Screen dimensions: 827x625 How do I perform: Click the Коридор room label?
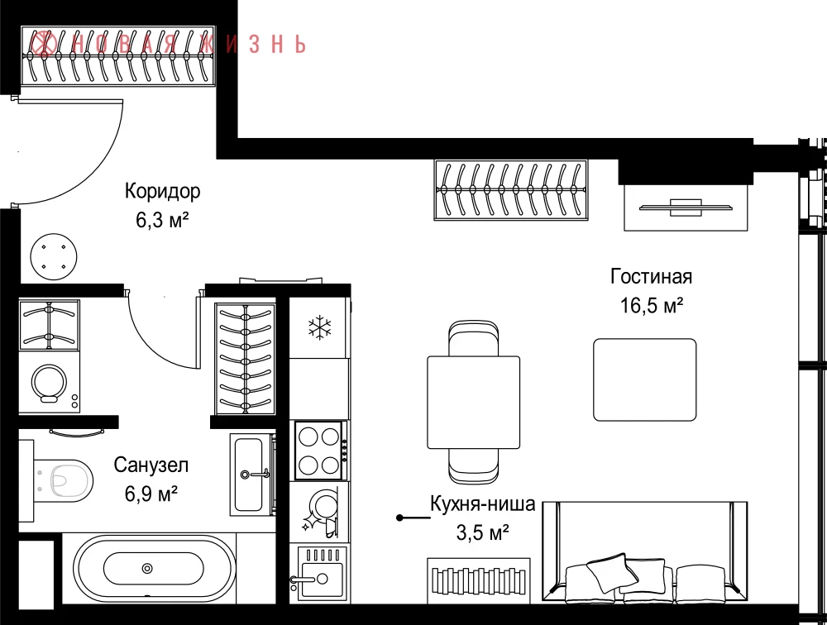click(x=162, y=191)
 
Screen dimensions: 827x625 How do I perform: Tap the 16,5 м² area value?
click(x=652, y=305)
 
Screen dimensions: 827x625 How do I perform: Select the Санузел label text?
click(x=151, y=465)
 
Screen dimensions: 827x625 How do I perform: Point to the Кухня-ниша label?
click(x=483, y=503)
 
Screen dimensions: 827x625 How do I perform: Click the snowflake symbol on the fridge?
click(x=319, y=327)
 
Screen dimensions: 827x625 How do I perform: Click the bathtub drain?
click(x=148, y=569)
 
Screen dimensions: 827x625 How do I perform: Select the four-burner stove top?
click(x=319, y=451)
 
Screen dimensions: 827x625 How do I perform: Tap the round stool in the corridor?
click(x=53, y=257)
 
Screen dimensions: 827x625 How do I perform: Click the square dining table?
click(x=474, y=402)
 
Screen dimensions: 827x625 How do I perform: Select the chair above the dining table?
click(x=474, y=337)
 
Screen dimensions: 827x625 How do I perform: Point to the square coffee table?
click(x=644, y=379)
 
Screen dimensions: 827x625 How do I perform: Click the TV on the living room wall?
click(x=686, y=208)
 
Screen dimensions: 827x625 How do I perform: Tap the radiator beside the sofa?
click(x=478, y=580)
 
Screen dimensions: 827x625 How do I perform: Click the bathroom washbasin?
click(x=252, y=475)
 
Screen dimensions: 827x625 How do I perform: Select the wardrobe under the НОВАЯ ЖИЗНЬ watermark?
click(x=118, y=55)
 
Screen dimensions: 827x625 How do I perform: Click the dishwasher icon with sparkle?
click(x=319, y=512)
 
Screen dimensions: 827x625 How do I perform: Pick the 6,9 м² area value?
click(x=151, y=494)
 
